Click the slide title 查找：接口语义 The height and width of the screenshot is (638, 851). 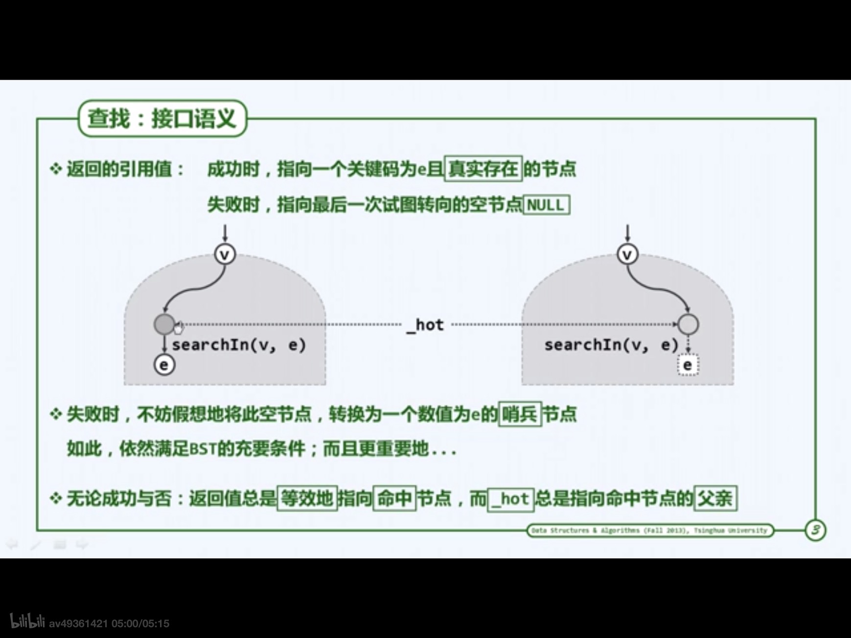[162, 118]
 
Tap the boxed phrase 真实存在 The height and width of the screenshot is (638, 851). [483, 169]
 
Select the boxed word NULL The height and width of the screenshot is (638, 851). [546, 205]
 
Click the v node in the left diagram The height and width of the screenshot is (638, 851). [225, 254]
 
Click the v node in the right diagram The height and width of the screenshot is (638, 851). [627, 254]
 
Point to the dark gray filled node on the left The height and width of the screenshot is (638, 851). [164, 324]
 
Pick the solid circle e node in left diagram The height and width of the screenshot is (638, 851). [164, 365]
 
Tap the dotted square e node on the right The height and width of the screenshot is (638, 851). [688, 365]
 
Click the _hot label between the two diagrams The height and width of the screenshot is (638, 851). [426, 325]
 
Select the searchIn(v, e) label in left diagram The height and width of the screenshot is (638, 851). [239, 345]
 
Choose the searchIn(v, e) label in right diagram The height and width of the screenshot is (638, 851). [611, 345]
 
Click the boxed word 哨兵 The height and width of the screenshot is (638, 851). [520, 414]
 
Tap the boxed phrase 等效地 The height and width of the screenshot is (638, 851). [307, 499]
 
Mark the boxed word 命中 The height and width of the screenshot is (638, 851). [394, 499]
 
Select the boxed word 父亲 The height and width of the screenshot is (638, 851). [715, 499]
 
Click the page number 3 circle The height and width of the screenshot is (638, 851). [815, 530]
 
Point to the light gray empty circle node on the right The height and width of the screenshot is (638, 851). [688, 324]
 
